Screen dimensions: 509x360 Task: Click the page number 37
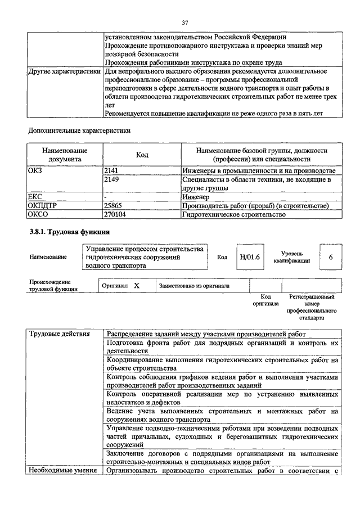click(184, 22)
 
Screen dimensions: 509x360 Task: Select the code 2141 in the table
click(112, 170)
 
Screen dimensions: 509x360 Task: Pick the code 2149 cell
click(112, 180)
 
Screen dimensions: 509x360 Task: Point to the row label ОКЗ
click(35, 170)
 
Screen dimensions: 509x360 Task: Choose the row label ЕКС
click(35, 197)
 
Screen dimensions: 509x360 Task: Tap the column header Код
click(142, 155)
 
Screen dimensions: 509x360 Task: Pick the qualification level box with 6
click(331, 257)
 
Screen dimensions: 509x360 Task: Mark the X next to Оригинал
click(136, 286)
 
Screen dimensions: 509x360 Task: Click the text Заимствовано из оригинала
click(194, 286)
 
